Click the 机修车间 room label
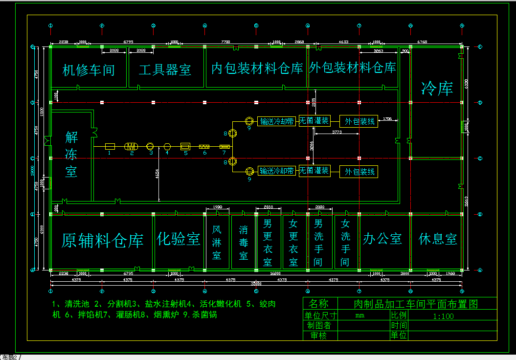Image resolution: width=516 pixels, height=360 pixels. (x=89, y=70)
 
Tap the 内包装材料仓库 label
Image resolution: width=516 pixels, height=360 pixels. (x=257, y=68)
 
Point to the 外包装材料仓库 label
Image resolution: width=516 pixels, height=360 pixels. (x=352, y=67)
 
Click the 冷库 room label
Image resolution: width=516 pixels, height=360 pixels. (x=437, y=89)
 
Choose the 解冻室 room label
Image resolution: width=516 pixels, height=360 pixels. (x=71, y=155)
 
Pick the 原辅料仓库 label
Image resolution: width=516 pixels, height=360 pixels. (x=102, y=241)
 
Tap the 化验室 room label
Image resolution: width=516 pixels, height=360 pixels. (x=179, y=239)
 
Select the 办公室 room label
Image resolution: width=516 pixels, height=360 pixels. (x=382, y=239)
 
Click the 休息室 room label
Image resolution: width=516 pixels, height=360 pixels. (x=438, y=239)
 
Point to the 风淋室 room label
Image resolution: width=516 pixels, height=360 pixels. (x=217, y=242)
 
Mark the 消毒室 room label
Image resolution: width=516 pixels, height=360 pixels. (x=243, y=242)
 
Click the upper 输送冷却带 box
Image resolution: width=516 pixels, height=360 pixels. (x=277, y=121)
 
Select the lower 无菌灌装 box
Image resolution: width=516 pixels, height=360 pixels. (x=314, y=171)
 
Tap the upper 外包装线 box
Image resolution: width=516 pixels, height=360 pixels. (x=359, y=121)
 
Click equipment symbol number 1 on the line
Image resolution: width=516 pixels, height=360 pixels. (x=110, y=146)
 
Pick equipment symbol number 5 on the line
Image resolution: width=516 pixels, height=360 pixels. (x=185, y=146)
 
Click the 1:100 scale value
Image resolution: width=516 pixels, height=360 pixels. (x=443, y=316)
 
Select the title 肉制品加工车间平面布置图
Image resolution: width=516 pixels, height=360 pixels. (x=415, y=304)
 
